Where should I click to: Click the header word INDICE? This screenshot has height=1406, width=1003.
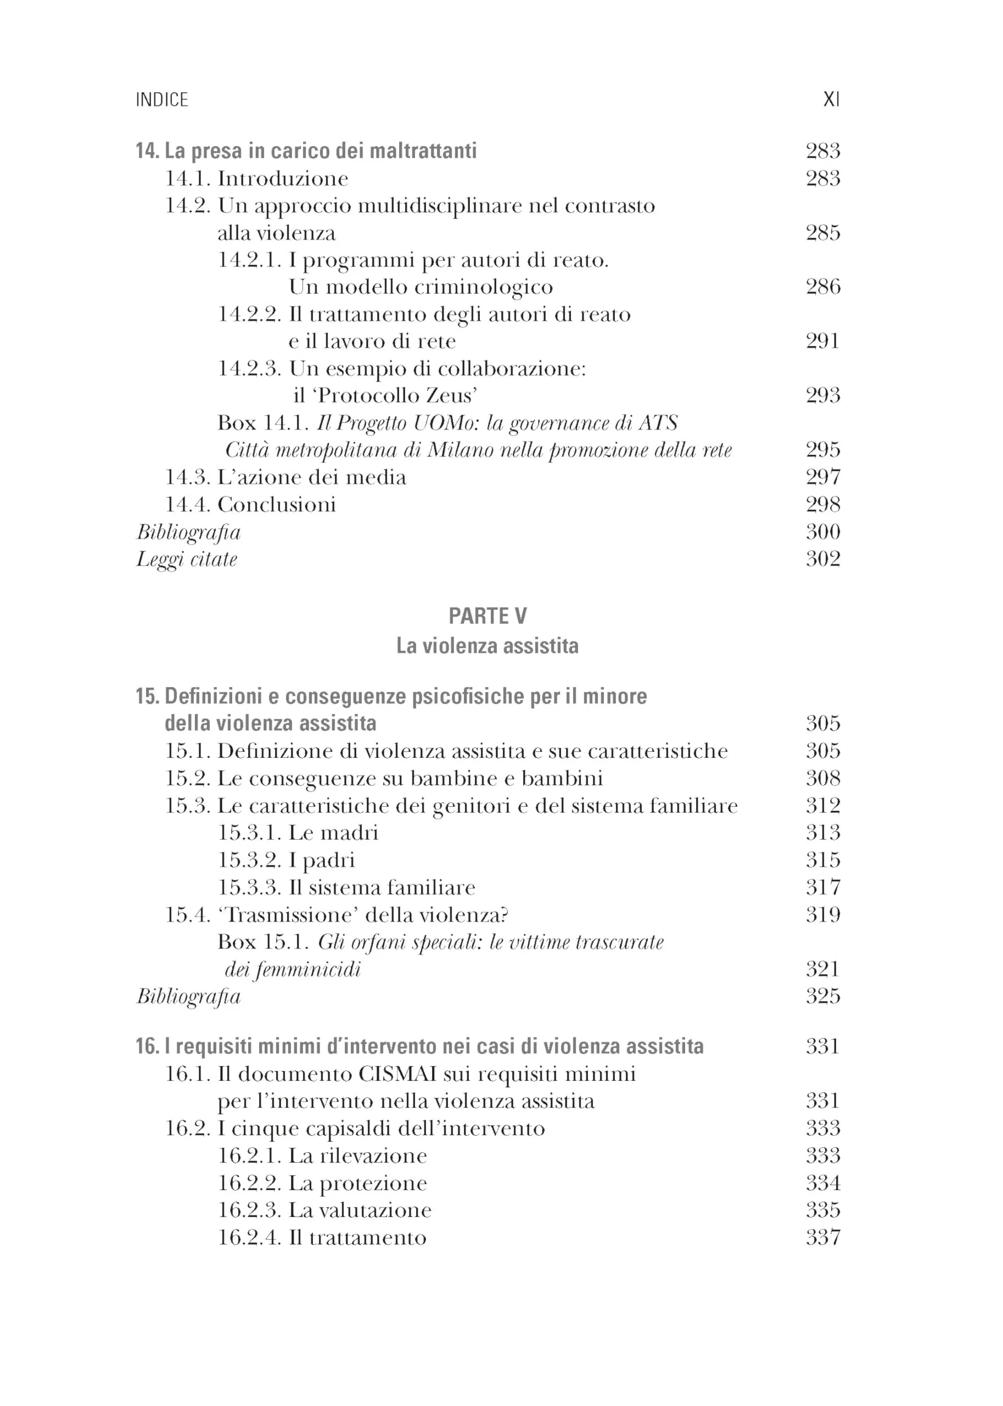[x=162, y=99]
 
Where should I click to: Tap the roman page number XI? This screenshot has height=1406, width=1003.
[x=831, y=99]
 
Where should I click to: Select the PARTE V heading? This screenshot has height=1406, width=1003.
[x=488, y=616]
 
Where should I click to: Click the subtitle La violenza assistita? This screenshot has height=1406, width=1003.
[x=488, y=645]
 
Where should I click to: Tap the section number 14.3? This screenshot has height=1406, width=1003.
[x=188, y=477]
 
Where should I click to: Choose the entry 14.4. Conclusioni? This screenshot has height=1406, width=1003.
[x=250, y=505]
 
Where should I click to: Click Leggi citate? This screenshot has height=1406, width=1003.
[x=187, y=559]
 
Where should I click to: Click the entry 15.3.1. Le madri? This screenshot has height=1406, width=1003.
[x=298, y=833]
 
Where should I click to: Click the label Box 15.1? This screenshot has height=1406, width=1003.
[x=263, y=942]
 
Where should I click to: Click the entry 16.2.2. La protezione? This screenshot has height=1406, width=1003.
[x=322, y=1183]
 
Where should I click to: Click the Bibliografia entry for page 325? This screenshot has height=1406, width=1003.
[x=188, y=996]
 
